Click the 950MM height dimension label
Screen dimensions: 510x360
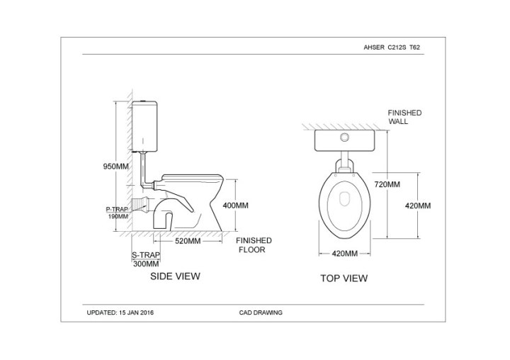coord(115,167)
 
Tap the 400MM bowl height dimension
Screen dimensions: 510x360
coord(235,206)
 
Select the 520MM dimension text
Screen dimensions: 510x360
coord(188,241)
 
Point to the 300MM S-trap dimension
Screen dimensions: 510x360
coord(147,264)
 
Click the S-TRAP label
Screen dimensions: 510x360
coord(146,255)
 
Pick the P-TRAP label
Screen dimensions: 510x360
coord(117,209)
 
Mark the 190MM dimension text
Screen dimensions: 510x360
coord(118,216)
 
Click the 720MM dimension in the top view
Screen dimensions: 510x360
coord(387,184)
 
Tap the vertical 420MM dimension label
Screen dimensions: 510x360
coord(418,206)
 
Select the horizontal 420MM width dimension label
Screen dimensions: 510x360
coord(345,254)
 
